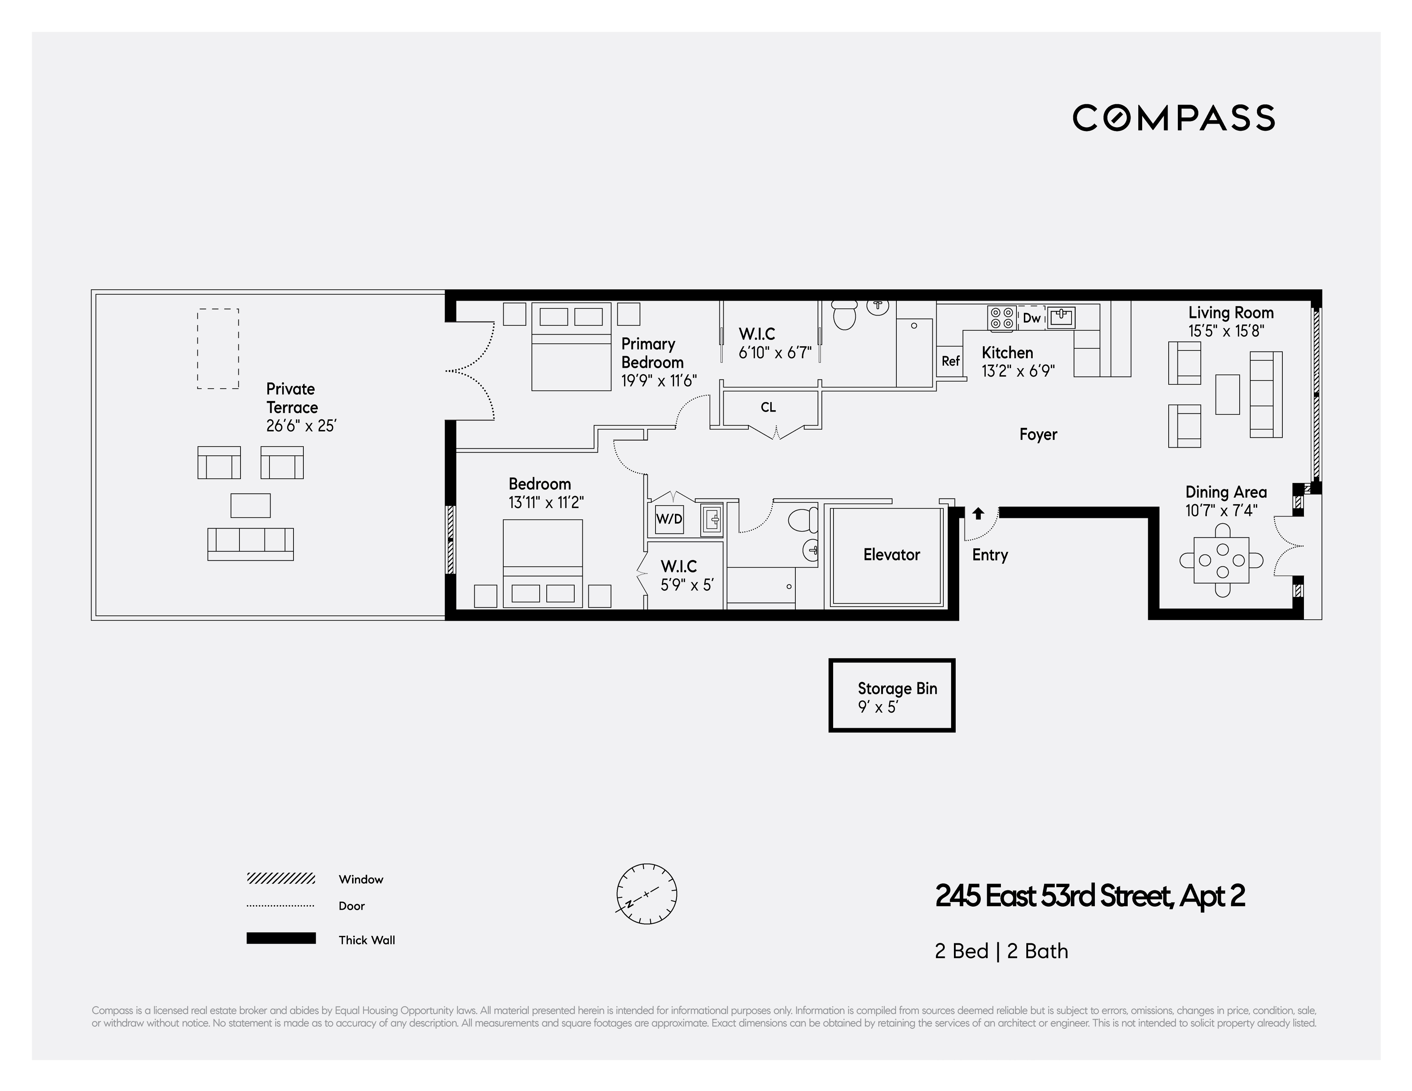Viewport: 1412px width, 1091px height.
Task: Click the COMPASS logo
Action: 1174,118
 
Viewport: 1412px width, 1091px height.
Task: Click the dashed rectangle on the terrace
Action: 218,349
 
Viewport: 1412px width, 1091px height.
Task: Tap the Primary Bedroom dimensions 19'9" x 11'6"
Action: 658,381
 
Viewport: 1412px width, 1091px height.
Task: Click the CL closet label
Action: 768,408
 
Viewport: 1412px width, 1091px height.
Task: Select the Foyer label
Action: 1038,434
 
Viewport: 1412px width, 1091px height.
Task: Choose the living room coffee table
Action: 1227,395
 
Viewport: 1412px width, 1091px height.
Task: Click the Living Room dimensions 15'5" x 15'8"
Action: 1226,331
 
